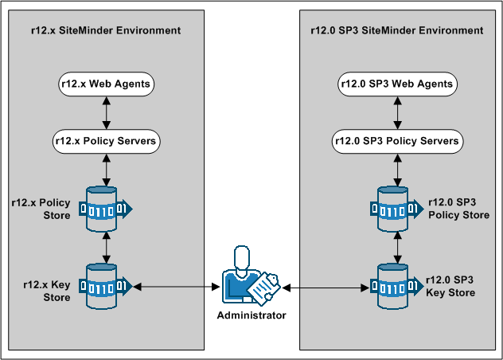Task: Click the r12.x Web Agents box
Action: [x=106, y=83]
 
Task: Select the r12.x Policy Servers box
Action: [x=106, y=142]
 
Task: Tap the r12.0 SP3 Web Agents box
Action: [x=396, y=83]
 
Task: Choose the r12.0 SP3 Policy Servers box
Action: [x=396, y=142]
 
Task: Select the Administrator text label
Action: [x=251, y=315]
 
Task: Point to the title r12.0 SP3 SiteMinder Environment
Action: [x=396, y=30]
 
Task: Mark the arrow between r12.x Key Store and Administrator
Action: [x=177, y=285]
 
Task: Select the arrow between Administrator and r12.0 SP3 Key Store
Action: [x=326, y=285]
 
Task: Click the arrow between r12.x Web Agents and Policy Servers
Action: [x=106, y=112]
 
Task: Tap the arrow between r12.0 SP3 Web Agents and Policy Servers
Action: [x=396, y=112]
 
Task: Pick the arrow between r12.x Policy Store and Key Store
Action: [x=106, y=247]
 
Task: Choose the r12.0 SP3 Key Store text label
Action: [x=450, y=286]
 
